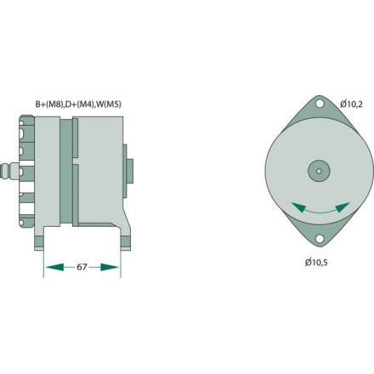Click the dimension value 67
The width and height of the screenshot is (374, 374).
(82, 267)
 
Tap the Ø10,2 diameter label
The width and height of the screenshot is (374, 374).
(351, 104)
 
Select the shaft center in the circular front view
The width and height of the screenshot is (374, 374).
(319, 171)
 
